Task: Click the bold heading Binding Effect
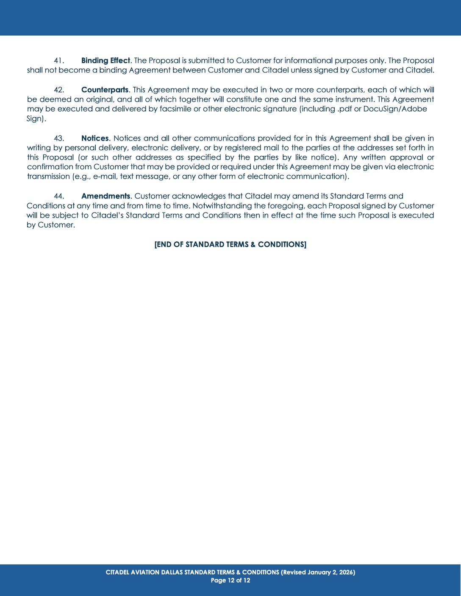tap(106, 61)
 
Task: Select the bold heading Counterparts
tap(105, 90)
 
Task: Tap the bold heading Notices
tap(95, 138)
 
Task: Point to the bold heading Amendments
tap(106, 196)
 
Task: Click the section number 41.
tap(59, 61)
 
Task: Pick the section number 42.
tap(59, 90)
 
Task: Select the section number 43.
tap(59, 138)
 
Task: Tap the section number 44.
tap(59, 196)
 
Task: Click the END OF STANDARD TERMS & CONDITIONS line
tap(230, 244)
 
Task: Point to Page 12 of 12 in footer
tap(230, 580)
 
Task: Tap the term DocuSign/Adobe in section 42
tap(395, 109)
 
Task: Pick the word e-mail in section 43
tap(104, 176)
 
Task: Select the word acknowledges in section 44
tap(200, 196)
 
